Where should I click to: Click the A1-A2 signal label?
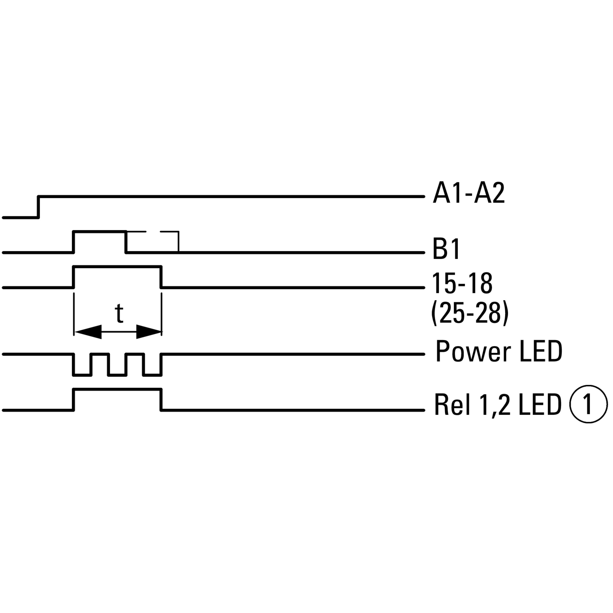point(469,193)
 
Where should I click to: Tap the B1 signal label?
point(446,249)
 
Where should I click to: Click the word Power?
point(473,351)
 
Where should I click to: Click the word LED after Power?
point(541,351)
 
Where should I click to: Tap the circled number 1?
point(588,404)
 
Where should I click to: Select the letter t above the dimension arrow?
point(119,313)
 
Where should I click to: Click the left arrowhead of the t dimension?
point(88,332)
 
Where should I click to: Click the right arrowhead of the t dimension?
point(148,332)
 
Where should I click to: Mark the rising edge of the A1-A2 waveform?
point(38,207)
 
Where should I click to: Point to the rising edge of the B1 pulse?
point(74,242)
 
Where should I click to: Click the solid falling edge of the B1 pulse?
point(126,242)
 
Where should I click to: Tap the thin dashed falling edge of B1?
point(179,242)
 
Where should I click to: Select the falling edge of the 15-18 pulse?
point(161,277)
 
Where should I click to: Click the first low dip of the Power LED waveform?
point(82,375)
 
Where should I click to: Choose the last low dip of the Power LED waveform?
point(152,375)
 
